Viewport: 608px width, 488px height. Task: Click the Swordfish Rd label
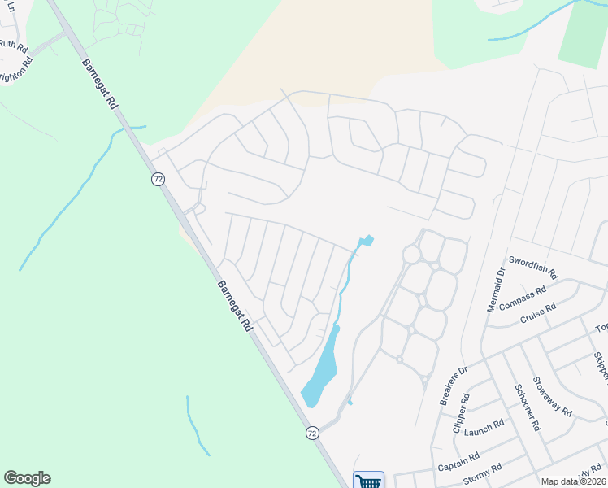pyautogui.click(x=532, y=268)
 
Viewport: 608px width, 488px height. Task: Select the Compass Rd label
pyautogui.click(x=523, y=298)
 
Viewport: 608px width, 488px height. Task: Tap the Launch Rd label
pyautogui.click(x=484, y=428)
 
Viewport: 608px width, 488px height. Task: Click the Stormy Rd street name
pyautogui.click(x=484, y=473)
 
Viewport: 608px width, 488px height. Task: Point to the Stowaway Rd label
pyautogui.click(x=552, y=397)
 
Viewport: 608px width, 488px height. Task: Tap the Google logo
pyautogui.click(x=27, y=478)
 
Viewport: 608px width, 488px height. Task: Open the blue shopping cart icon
pyautogui.click(x=368, y=481)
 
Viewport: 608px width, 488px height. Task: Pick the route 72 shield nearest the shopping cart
pyautogui.click(x=312, y=433)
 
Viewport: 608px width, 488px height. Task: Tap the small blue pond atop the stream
pyautogui.click(x=367, y=240)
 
